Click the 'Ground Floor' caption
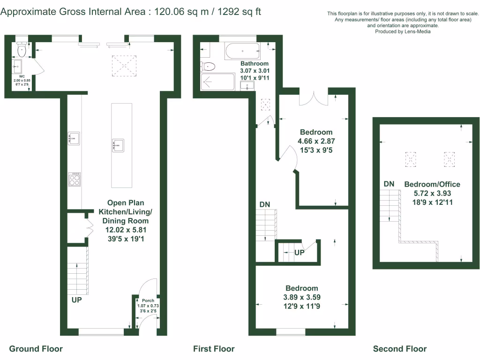[x=36, y=349]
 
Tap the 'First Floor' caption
[x=214, y=349]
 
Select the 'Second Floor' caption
[x=400, y=349]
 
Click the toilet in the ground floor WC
[x=22, y=49]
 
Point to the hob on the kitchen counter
[x=74, y=180]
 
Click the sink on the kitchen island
[x=117, y=146]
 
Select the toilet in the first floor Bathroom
[x=208, y=66]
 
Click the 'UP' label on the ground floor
[x=77, y=300]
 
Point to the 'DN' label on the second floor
[x=389, y=184]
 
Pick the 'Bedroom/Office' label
[x=432, y=184]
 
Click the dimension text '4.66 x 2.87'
[x=316, y=141]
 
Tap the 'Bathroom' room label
[x=255, y=64]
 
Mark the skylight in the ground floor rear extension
[x=123, y=65]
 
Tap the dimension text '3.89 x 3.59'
[x=302, y=297]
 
